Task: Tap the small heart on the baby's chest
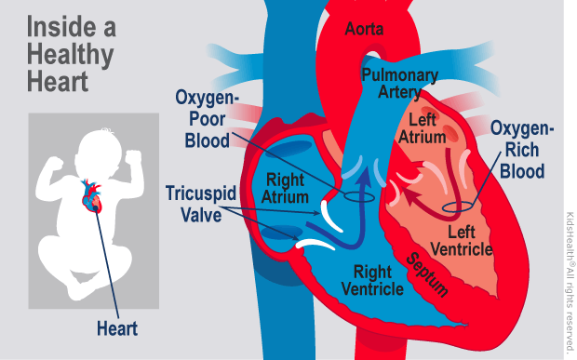(x=91, y=197)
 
